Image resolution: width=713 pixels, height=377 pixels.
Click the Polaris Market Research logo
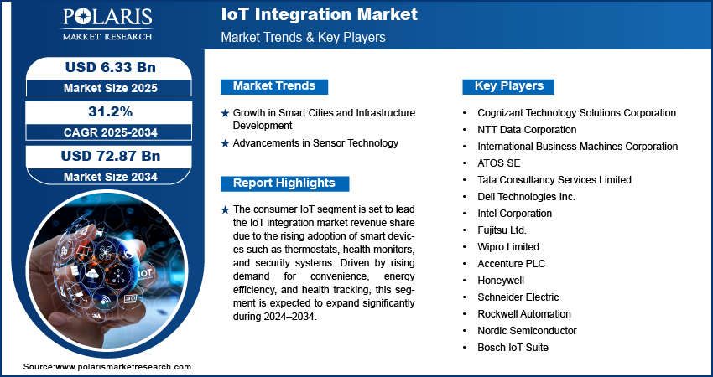click(107, 23)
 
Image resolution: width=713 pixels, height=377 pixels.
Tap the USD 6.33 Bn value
click(111, 68)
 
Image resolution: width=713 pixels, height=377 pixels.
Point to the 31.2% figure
click(111, 111)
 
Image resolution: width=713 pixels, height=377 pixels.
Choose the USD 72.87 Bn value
click(111, 156)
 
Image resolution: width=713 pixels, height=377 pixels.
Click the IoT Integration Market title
click(320, 14)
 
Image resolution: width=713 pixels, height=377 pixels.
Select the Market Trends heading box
click(274, 86)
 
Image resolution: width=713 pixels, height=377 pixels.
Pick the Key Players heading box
click(508, 86)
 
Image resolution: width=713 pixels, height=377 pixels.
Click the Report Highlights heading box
click(284, 183)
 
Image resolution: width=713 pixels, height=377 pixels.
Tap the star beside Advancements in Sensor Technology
click(225, 144)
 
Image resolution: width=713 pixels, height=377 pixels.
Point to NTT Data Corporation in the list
click(527, 130)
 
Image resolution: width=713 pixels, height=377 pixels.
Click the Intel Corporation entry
click(514, 214)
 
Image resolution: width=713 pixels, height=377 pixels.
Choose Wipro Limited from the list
click(508, 247)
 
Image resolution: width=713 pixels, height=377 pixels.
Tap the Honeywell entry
click(501, 281)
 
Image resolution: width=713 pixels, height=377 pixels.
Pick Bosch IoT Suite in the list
click(513, 348)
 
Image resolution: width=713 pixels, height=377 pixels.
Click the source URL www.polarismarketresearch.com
click(123, 367)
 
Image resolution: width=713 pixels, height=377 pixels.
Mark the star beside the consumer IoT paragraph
click(225, 210)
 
